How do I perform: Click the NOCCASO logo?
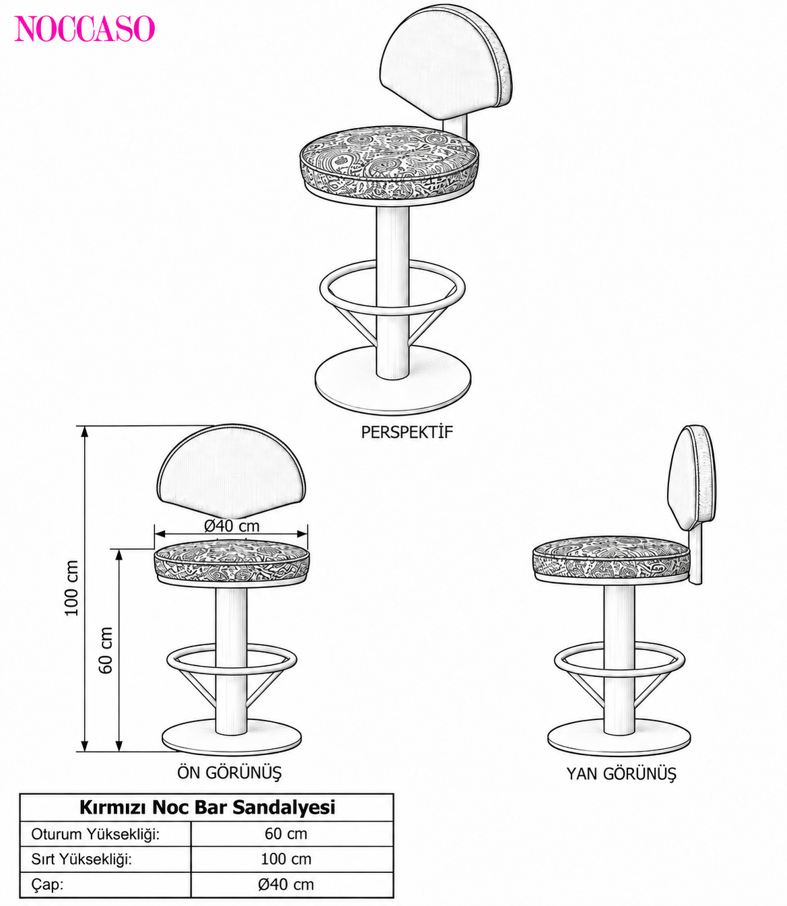(x=85, y=29)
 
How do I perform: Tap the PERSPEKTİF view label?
(x=407, y=432)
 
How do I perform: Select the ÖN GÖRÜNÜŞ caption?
(x=229, y=773)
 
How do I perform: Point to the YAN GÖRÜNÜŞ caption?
(x=621, y=774)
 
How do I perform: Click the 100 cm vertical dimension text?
(x=71, y=588)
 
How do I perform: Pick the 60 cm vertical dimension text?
(x=105, y=650)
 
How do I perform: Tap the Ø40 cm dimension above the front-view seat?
(x=232, y=525)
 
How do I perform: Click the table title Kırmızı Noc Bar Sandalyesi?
(x=207, y=808)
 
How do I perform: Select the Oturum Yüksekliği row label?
(x=95, y=835)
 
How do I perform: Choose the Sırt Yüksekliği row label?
(x=81, y=860)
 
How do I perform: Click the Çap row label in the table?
(x=47, y=885)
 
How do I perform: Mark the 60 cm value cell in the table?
(x=285, y=835)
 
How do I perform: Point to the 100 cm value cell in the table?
(x=285, y=860)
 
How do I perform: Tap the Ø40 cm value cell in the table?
(x=285, y=884)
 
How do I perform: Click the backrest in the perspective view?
(x=446, y=62)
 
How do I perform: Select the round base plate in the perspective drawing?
(x=393, y=381)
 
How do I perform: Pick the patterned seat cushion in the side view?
(x=611, y=560)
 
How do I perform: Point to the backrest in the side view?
(x=692, y=478)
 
